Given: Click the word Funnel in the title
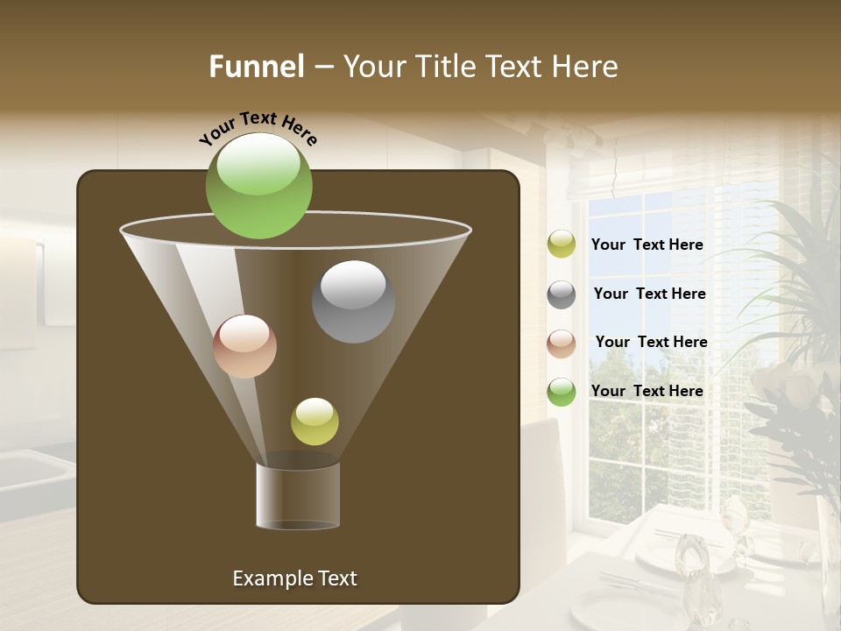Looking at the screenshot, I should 256,67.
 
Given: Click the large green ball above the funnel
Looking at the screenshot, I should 259,186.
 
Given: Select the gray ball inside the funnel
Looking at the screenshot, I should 354,301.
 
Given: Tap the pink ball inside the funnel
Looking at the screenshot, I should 245,346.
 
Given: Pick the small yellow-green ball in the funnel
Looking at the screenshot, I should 314,422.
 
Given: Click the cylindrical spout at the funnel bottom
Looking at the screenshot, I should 298,495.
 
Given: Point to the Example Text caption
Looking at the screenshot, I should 294,578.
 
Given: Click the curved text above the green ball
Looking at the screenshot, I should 258,128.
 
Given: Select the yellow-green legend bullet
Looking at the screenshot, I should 562,245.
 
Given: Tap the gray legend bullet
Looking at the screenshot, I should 562,294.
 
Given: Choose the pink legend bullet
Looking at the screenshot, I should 562,343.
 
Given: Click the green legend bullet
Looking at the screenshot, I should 562,392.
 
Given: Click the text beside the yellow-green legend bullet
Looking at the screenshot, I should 647,245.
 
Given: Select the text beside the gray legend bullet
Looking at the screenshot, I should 649,294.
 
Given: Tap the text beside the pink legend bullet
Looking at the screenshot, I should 651,342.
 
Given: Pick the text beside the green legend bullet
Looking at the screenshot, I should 647,391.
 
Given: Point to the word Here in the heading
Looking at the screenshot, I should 584,67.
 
